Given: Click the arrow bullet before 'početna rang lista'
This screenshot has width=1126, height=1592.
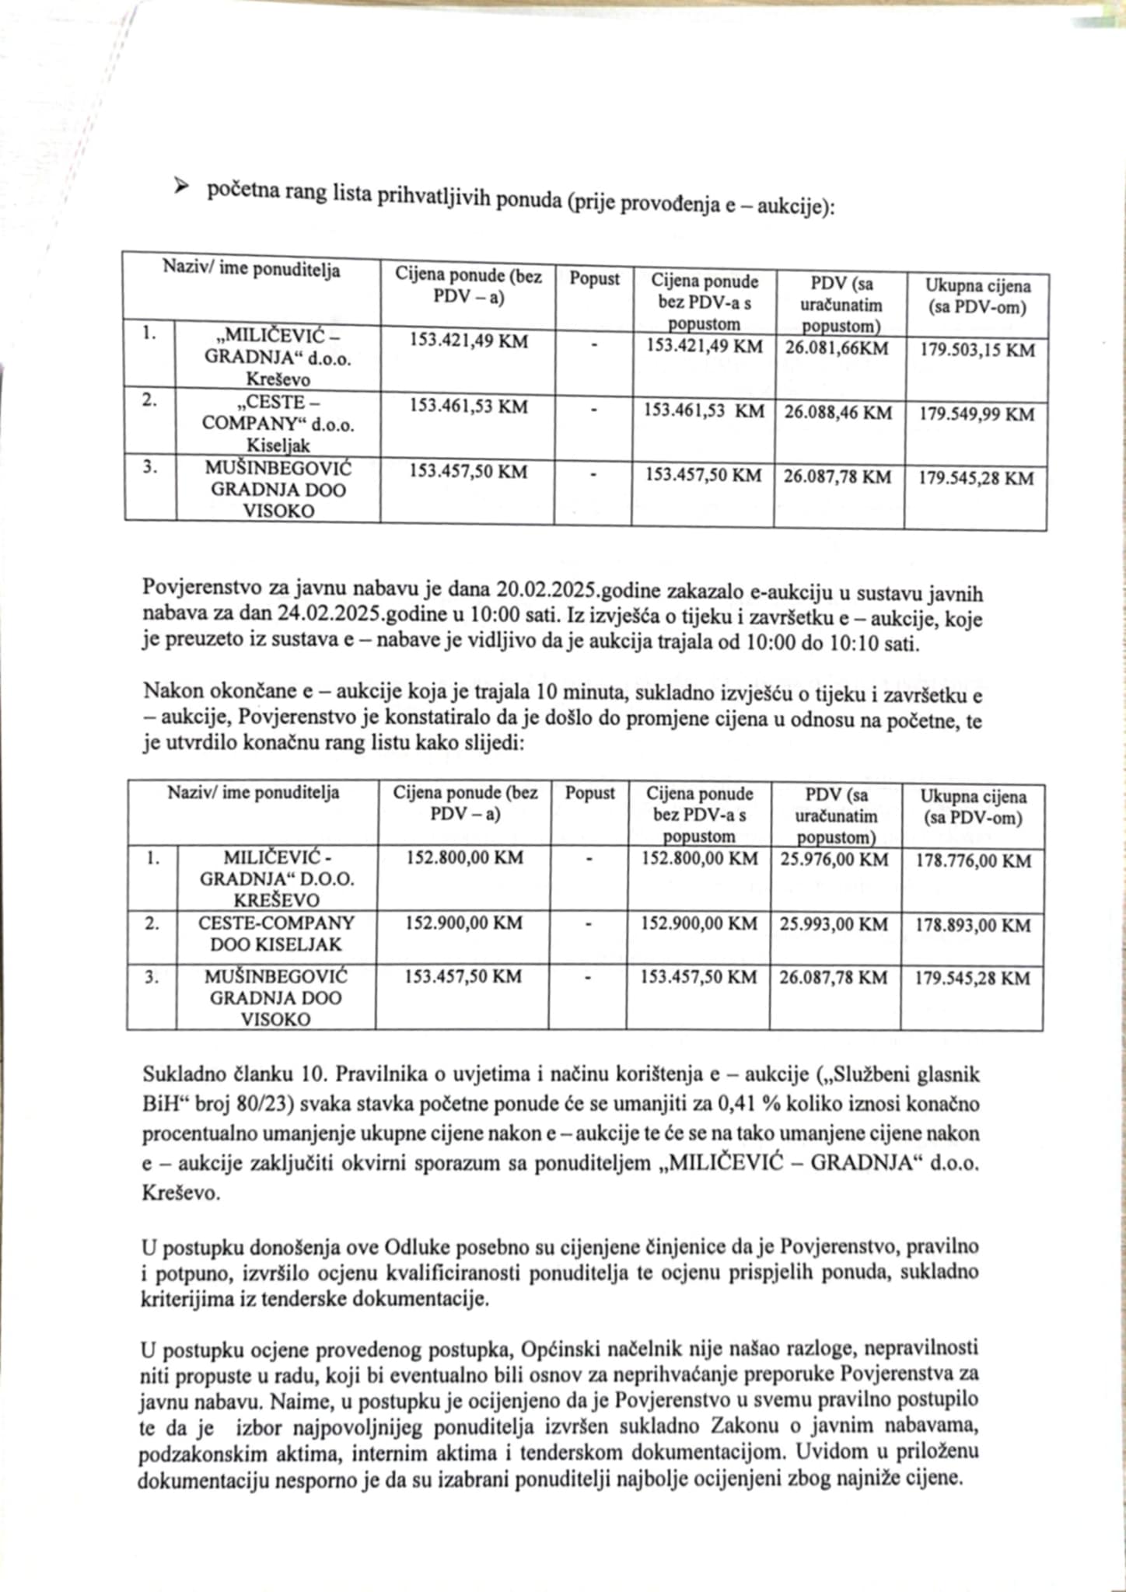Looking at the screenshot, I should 181,186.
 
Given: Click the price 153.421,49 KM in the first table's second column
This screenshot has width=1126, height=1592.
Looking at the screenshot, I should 468,340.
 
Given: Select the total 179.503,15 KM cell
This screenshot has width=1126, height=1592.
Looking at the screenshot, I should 977,351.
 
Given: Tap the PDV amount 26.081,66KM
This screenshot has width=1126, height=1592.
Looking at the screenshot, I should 837,347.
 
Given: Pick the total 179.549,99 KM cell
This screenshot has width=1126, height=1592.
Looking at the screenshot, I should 977,414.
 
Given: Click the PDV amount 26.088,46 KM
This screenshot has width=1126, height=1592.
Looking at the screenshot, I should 838,412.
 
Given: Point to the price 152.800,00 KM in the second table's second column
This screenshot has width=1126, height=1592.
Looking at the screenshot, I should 464,858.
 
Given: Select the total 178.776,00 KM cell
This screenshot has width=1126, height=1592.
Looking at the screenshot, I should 973,861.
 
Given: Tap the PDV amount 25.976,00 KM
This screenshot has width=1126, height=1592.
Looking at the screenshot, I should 834,860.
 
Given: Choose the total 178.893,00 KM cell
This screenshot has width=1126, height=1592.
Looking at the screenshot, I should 973,926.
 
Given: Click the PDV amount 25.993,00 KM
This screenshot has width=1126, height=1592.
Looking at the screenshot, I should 834,924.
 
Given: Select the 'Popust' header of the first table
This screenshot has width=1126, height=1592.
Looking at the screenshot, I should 594,278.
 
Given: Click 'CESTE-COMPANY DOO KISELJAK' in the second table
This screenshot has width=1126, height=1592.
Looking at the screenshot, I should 276,934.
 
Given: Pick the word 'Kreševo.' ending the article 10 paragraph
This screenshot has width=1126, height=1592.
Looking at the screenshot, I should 180,1193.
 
